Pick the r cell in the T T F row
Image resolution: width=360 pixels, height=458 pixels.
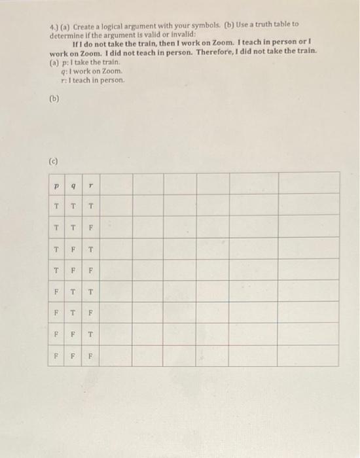click(92, 229)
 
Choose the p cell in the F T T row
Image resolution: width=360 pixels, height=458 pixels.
click(56, 292)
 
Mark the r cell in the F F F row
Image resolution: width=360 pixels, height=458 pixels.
click(92, 357)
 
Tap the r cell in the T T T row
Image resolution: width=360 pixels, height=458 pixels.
click(92, 207)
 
